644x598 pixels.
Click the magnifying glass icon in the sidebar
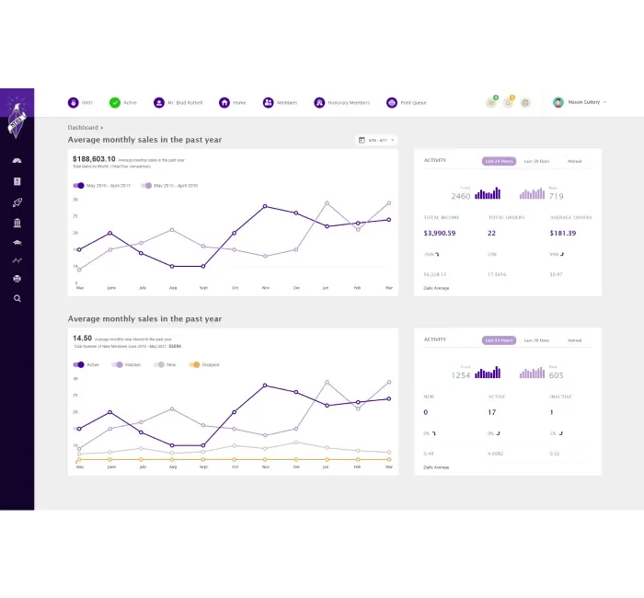point(17,298)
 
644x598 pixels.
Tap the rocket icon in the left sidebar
point(17,201)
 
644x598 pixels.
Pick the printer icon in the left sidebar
point(17,278)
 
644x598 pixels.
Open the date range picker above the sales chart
point(376,140)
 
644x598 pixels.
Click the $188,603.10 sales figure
point(94,159)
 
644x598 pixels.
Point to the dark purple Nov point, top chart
point(265,206)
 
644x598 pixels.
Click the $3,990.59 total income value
point(439,233)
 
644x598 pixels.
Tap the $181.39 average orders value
point(562,233)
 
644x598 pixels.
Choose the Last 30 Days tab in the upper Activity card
point(536,161)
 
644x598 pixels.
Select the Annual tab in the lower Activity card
point(574,340)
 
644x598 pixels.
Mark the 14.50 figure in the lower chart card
point(82,338)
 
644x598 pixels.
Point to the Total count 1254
point(460,375)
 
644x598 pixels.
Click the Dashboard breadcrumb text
point(84,127)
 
